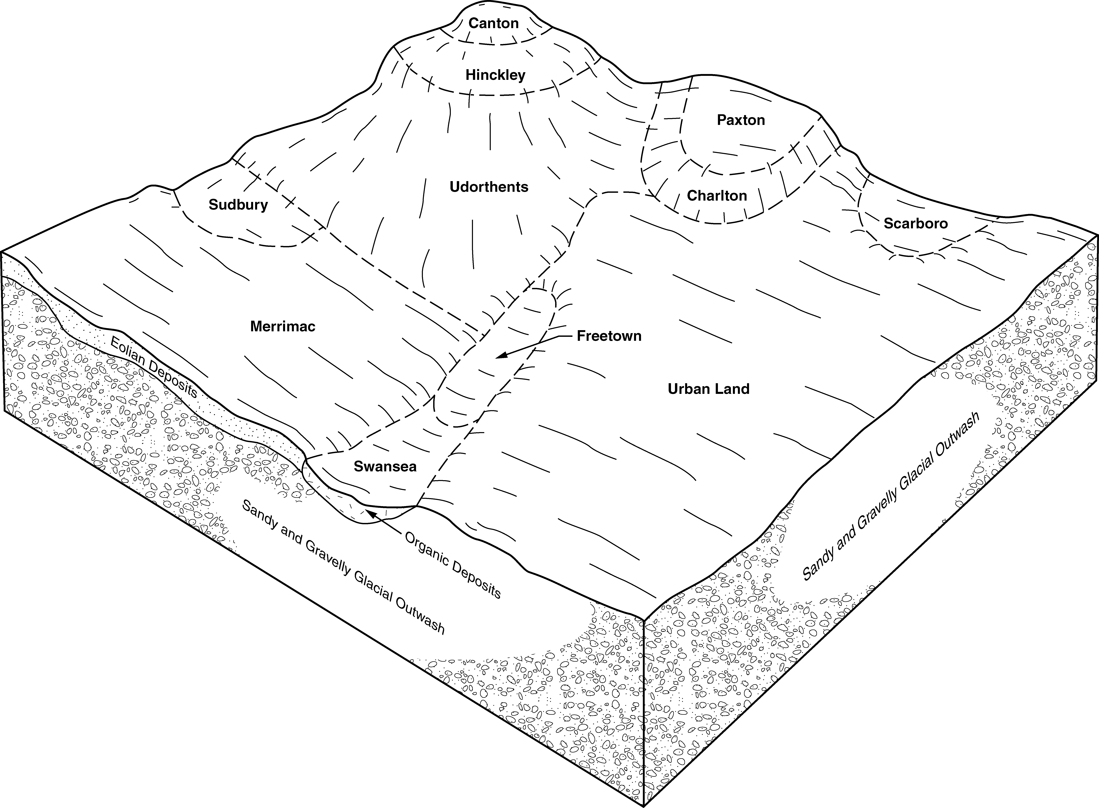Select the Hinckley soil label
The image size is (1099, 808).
pyautogui.click(x=495, y=75)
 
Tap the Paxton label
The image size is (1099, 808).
pyautogui.click(x=741, y=120)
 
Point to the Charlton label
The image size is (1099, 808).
pyautogui.click(x=717, y=196)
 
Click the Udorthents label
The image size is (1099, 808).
pyautogui.click(x=489, y=187)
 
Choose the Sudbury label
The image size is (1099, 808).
pyautogui.click(x=238, y=204)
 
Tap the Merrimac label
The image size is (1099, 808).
pyautogui.click(x=283, y=326)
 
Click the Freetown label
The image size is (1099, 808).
pyautogui.click(x=609, y=336)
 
